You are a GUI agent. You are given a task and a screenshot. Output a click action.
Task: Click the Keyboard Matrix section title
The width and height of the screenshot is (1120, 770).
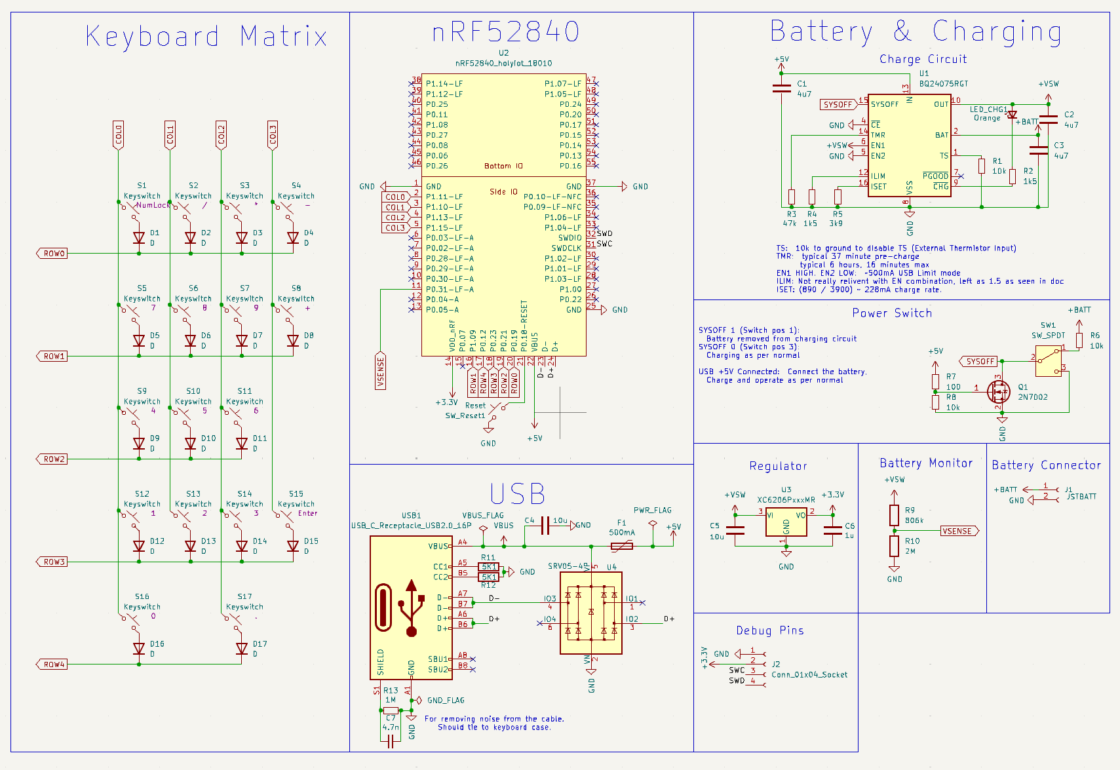206,37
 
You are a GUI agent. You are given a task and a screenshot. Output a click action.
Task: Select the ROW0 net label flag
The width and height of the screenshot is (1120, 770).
53,254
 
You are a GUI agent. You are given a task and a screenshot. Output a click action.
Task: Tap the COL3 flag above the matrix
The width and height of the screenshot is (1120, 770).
273,135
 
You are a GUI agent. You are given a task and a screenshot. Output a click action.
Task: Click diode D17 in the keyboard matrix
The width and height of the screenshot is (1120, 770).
242,648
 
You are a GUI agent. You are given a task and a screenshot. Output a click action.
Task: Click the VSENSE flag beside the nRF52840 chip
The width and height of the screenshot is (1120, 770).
381,371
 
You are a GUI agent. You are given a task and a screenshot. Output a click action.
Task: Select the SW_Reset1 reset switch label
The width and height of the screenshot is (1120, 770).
465,415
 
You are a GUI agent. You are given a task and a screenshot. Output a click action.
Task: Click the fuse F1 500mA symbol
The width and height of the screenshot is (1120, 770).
621,546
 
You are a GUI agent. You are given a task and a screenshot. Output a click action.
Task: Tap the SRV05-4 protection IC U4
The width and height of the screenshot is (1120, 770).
590,613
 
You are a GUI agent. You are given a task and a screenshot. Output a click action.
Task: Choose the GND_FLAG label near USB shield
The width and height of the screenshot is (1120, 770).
446,700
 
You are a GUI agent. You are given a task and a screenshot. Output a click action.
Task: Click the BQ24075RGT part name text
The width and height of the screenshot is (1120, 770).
943,84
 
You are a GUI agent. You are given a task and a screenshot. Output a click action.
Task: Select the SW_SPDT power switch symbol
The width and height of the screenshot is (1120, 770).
1048,361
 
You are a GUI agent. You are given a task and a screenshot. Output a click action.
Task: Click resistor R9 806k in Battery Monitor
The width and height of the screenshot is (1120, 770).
894,515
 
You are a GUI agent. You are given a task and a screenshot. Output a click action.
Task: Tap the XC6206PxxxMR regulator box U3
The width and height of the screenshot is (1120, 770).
786,522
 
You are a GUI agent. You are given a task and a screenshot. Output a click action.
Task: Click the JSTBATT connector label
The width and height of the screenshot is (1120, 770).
1081,497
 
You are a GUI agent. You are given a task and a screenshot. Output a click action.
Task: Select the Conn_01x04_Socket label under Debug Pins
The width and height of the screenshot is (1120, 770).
809,674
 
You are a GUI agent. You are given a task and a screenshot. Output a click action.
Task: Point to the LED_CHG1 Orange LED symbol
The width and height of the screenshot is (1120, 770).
1012,115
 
